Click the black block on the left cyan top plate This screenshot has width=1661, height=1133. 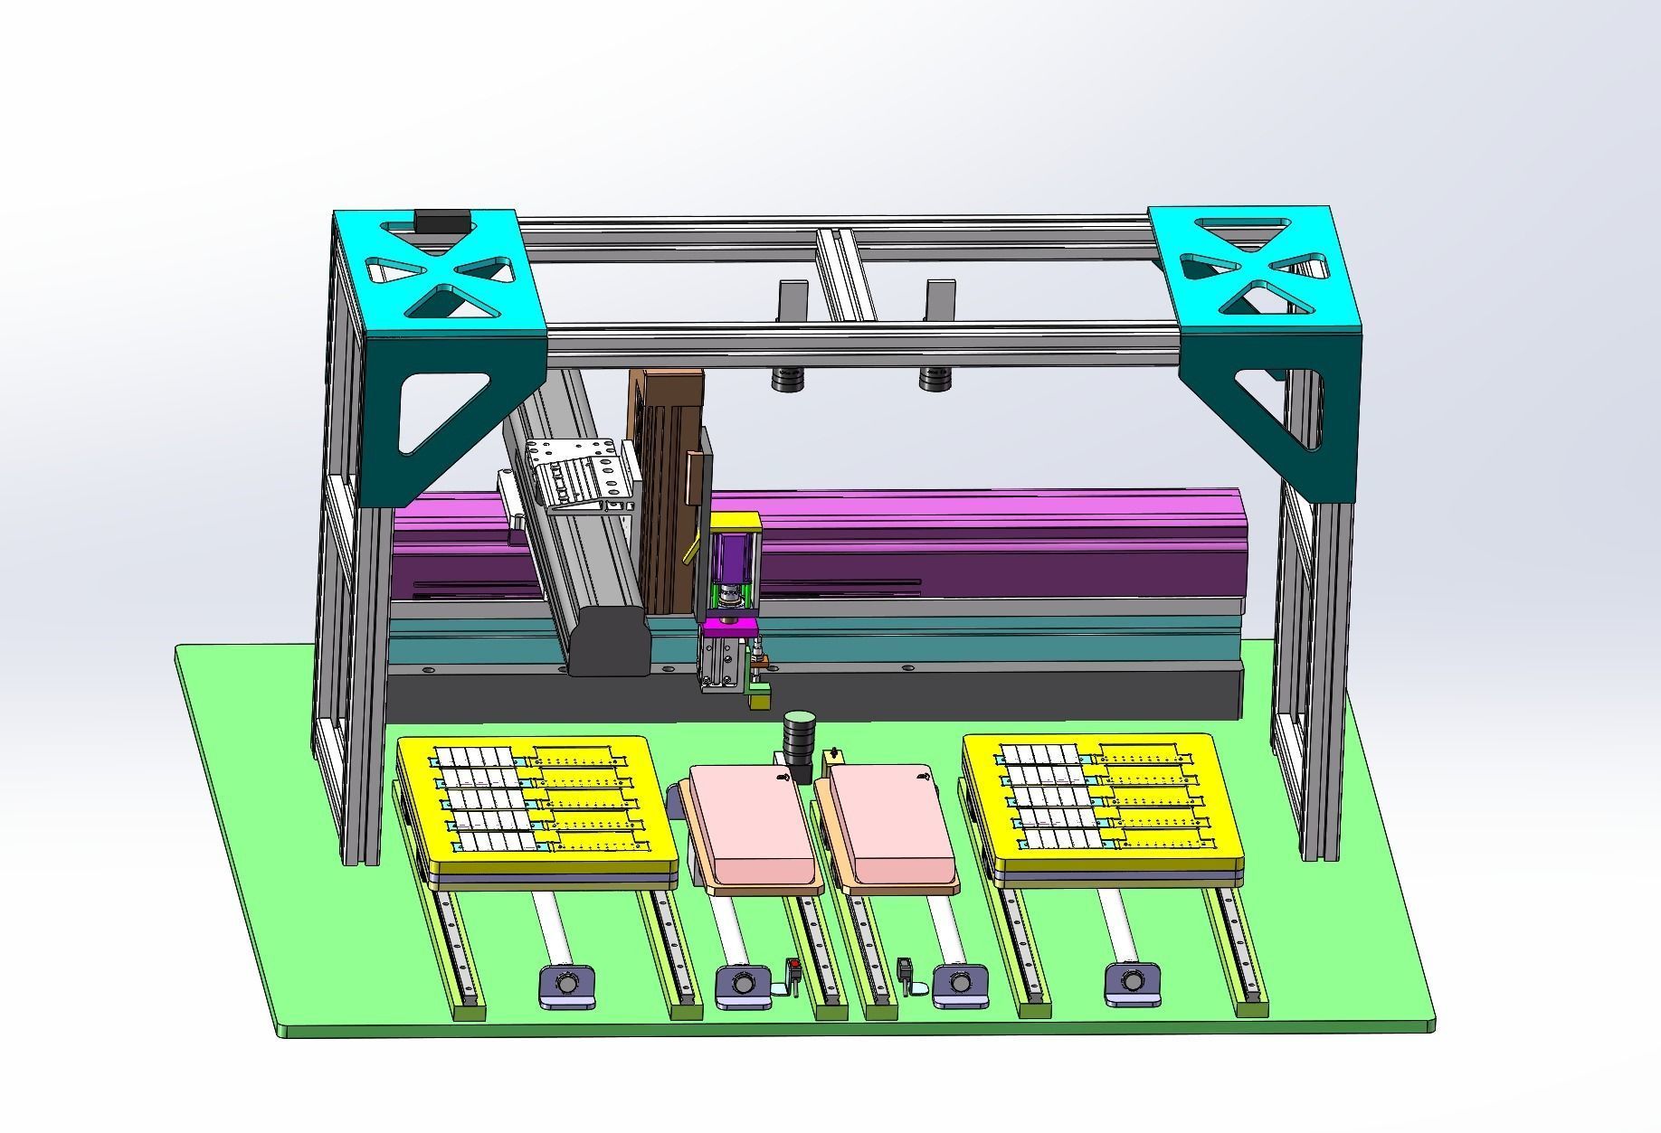point(441,221)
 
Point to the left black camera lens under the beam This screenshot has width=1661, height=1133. point(787,379)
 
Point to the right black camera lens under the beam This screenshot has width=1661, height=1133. point(936,379)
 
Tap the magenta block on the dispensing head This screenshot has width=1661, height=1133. point(729,626)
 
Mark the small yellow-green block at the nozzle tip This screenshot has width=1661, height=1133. point(758,697)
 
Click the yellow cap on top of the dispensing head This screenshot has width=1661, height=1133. point(735,522)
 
